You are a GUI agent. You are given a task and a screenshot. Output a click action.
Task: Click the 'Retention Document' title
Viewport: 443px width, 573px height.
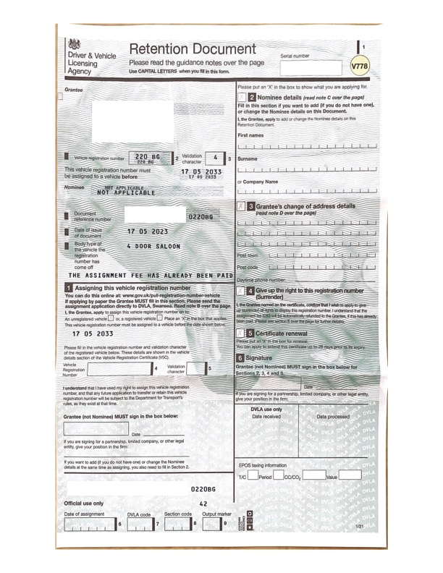(192, 50)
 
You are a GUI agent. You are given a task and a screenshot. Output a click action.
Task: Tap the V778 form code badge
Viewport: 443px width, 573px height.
(359, 67)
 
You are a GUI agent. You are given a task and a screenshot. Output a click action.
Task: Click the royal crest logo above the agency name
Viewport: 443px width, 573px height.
(74, 43)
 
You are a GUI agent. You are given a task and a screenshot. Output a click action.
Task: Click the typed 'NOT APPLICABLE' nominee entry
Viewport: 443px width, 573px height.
(126, 193)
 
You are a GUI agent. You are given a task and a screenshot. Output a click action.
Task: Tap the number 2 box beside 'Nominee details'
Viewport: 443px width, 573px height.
(251, 97)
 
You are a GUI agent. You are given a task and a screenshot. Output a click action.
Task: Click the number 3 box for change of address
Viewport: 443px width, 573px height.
(251, 206)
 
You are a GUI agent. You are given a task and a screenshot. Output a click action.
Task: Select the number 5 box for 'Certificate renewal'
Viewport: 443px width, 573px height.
(251, 333)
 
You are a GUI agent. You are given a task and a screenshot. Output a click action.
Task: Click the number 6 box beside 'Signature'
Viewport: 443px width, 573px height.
(241, 358)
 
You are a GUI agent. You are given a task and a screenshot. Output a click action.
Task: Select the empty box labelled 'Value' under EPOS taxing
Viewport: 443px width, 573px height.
(350, 476)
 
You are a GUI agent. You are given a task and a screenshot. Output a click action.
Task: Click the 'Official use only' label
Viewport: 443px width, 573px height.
(84, 503)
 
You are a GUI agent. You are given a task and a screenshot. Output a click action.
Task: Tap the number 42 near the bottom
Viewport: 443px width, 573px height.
(203, 504)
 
